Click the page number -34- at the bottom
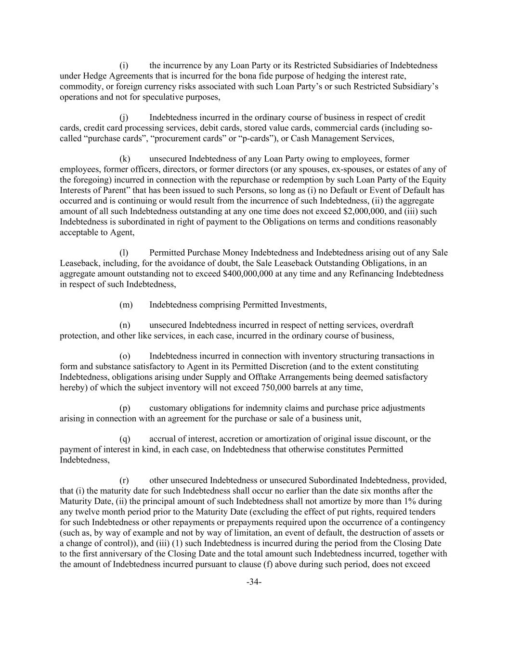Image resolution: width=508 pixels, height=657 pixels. coord(254,582)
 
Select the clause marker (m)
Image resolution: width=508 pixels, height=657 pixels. coord(125,305)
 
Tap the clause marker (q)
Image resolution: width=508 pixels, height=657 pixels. coord(125,438)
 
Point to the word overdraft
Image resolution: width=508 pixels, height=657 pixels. coord(396,325)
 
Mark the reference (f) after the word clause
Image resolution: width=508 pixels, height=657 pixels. coord(269,563)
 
